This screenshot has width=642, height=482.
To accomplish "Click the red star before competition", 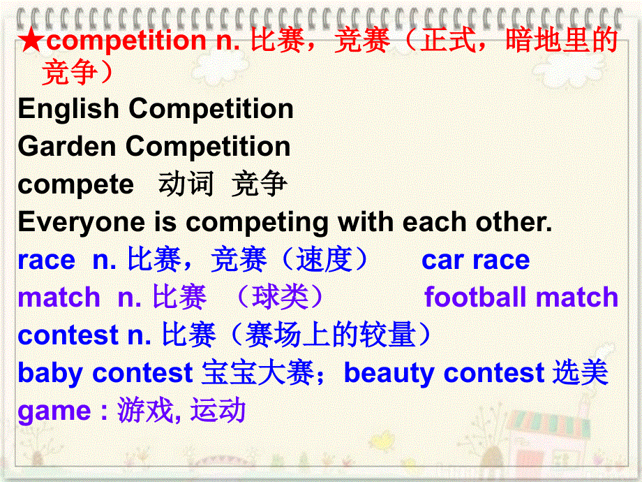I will pyautogui.click(x=31, y=41).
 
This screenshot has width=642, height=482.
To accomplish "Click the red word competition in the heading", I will pyautogui.click(x=125, y=41).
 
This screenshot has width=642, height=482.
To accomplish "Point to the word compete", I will pyautogui.click(x=75, y=184).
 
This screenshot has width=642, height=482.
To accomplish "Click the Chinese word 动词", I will pyautogui.click(x=186, y=184).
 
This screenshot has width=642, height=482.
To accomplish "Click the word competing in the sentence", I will pyautogui.click(x=257, y=222).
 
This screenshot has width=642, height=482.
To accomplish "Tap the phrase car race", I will pyautogui.click(x=475, y=260).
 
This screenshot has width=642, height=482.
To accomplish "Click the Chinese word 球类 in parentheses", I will pyautogui.click(x=281, y=298).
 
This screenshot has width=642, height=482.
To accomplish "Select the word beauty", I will pyautogui.click(x=389, y=373).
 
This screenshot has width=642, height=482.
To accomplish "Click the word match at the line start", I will pyautogui.click(x=59, y=298).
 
